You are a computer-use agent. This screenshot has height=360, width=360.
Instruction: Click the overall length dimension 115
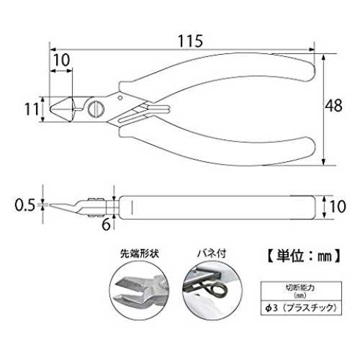point(190,41)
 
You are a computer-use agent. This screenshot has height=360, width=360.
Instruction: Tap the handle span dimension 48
point(333,106)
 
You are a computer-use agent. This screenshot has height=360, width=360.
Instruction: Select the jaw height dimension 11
point(32,109)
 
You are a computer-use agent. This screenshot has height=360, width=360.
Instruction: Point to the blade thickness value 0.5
point(25,205)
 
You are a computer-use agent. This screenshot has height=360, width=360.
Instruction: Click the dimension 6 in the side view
point(106,225)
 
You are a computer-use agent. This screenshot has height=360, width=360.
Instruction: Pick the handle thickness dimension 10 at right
point(338,207)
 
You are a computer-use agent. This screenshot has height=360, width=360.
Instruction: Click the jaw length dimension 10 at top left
point(61,60)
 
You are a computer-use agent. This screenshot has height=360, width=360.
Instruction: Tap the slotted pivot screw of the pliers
point(96,109)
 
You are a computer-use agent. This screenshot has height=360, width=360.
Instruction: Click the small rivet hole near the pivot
point(120,97)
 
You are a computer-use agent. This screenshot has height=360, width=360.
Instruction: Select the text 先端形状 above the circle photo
point(140,253)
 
